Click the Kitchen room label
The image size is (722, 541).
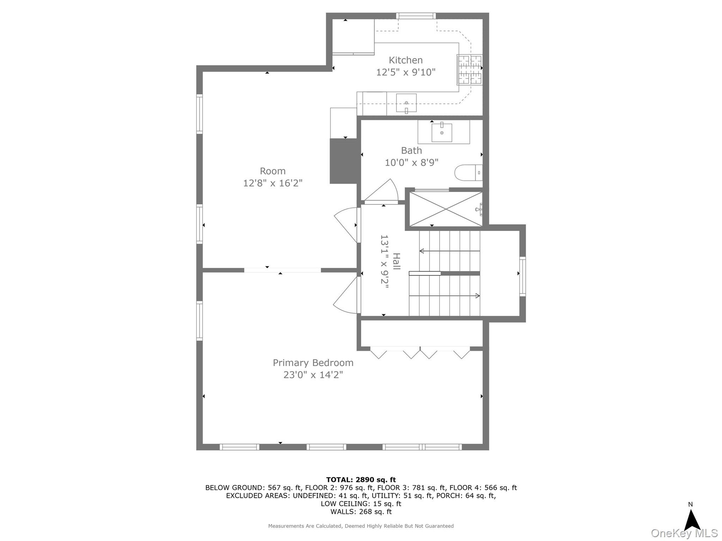(405, 60)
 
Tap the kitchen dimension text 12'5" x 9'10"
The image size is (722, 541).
(406, 72)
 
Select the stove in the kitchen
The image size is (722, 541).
(469, 70)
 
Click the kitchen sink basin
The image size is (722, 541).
(406, 103)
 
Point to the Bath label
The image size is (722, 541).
(411, 151)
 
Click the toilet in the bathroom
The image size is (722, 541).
(469, 173)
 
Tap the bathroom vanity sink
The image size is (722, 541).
(442, 132)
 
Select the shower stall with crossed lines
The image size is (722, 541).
(446, 209)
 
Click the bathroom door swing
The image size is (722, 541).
(381, 192)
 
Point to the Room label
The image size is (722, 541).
(273, 171)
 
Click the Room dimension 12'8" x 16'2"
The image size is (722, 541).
(273, 183)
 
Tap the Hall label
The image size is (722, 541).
(396, 261)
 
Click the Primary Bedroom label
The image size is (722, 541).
(313, 363)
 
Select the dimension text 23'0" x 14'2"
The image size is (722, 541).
(313, 375)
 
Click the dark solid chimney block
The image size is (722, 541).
(343, 161)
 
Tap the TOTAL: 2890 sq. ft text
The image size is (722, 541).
(361, 480)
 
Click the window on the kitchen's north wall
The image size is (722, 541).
(416, 16)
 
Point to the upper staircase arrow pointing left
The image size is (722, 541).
(449, 251)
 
